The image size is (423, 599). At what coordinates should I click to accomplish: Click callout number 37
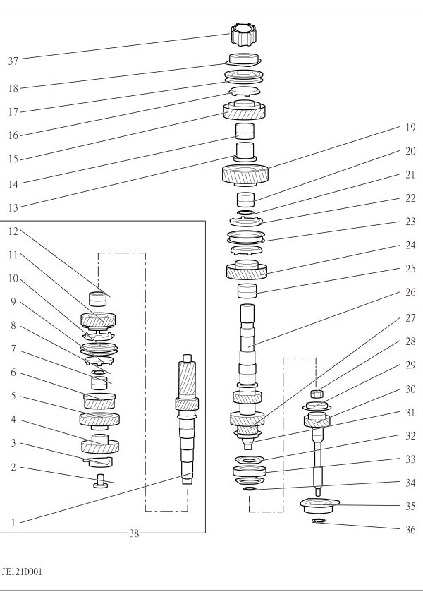[x=13, y=61]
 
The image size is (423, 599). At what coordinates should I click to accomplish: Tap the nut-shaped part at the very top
[x=243, y=35]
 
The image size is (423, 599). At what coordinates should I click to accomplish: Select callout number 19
[x=410, y=128]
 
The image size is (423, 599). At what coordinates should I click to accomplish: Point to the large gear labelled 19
[x=245, y=175]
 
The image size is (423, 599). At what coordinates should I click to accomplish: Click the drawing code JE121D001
[x=22, y=572]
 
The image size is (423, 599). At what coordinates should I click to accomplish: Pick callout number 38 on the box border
[x=134, y=533]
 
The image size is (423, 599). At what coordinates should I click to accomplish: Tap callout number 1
[x=13, y=523]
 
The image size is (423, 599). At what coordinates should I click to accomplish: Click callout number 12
[x=13, y=231]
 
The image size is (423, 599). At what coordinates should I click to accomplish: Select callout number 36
[x=410, y=530]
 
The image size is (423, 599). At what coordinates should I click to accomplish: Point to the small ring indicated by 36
[x=319, y=520]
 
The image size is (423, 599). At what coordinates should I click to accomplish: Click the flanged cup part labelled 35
[x=319, y=505]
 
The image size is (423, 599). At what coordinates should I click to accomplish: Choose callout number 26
[x=410, y=292]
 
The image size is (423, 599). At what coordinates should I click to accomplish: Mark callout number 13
[x=13, y=208]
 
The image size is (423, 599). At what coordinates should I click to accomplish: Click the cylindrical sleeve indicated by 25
[x=247, y=291]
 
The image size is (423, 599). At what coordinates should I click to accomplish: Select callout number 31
[x=410, y=413]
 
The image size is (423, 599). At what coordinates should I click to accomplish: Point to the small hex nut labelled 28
[x=317, y=394]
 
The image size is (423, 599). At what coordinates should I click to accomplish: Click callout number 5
[x=13, y=396]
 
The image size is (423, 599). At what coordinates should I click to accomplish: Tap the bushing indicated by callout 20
[x=245, y=200]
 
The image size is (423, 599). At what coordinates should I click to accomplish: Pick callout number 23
[x=410, y=222]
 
